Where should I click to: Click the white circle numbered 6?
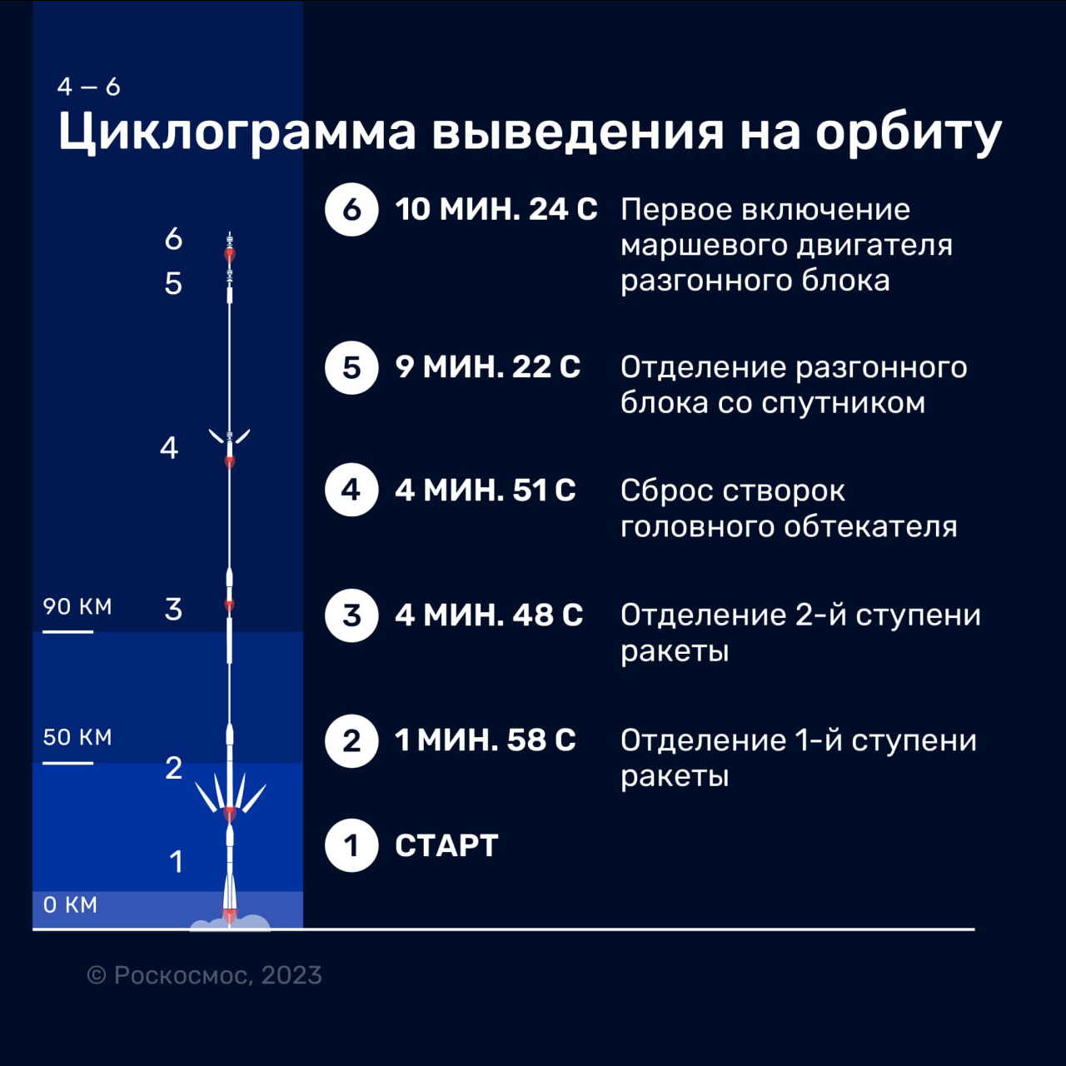coord(351,210)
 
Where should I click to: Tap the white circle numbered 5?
coord(351,367)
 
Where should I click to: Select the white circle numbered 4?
coord(351,490)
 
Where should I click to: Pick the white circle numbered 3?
coord(351,615)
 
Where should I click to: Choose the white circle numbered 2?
coord(351,740)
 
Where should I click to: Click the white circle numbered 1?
coord(351,845)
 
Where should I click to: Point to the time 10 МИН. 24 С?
coord(496,210)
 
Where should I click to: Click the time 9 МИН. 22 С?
coord(488,367)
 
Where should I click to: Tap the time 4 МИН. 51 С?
coord(486,491)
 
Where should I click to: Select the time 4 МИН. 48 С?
coord(489,615)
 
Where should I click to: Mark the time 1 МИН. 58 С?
coord(486,740)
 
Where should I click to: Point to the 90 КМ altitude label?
coord(77,607)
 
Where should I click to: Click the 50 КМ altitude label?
coord(77,737)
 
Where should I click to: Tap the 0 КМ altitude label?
coord(70,905)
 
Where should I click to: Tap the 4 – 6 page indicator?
coord(88,87)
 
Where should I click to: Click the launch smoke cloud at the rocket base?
coord(230,924)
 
